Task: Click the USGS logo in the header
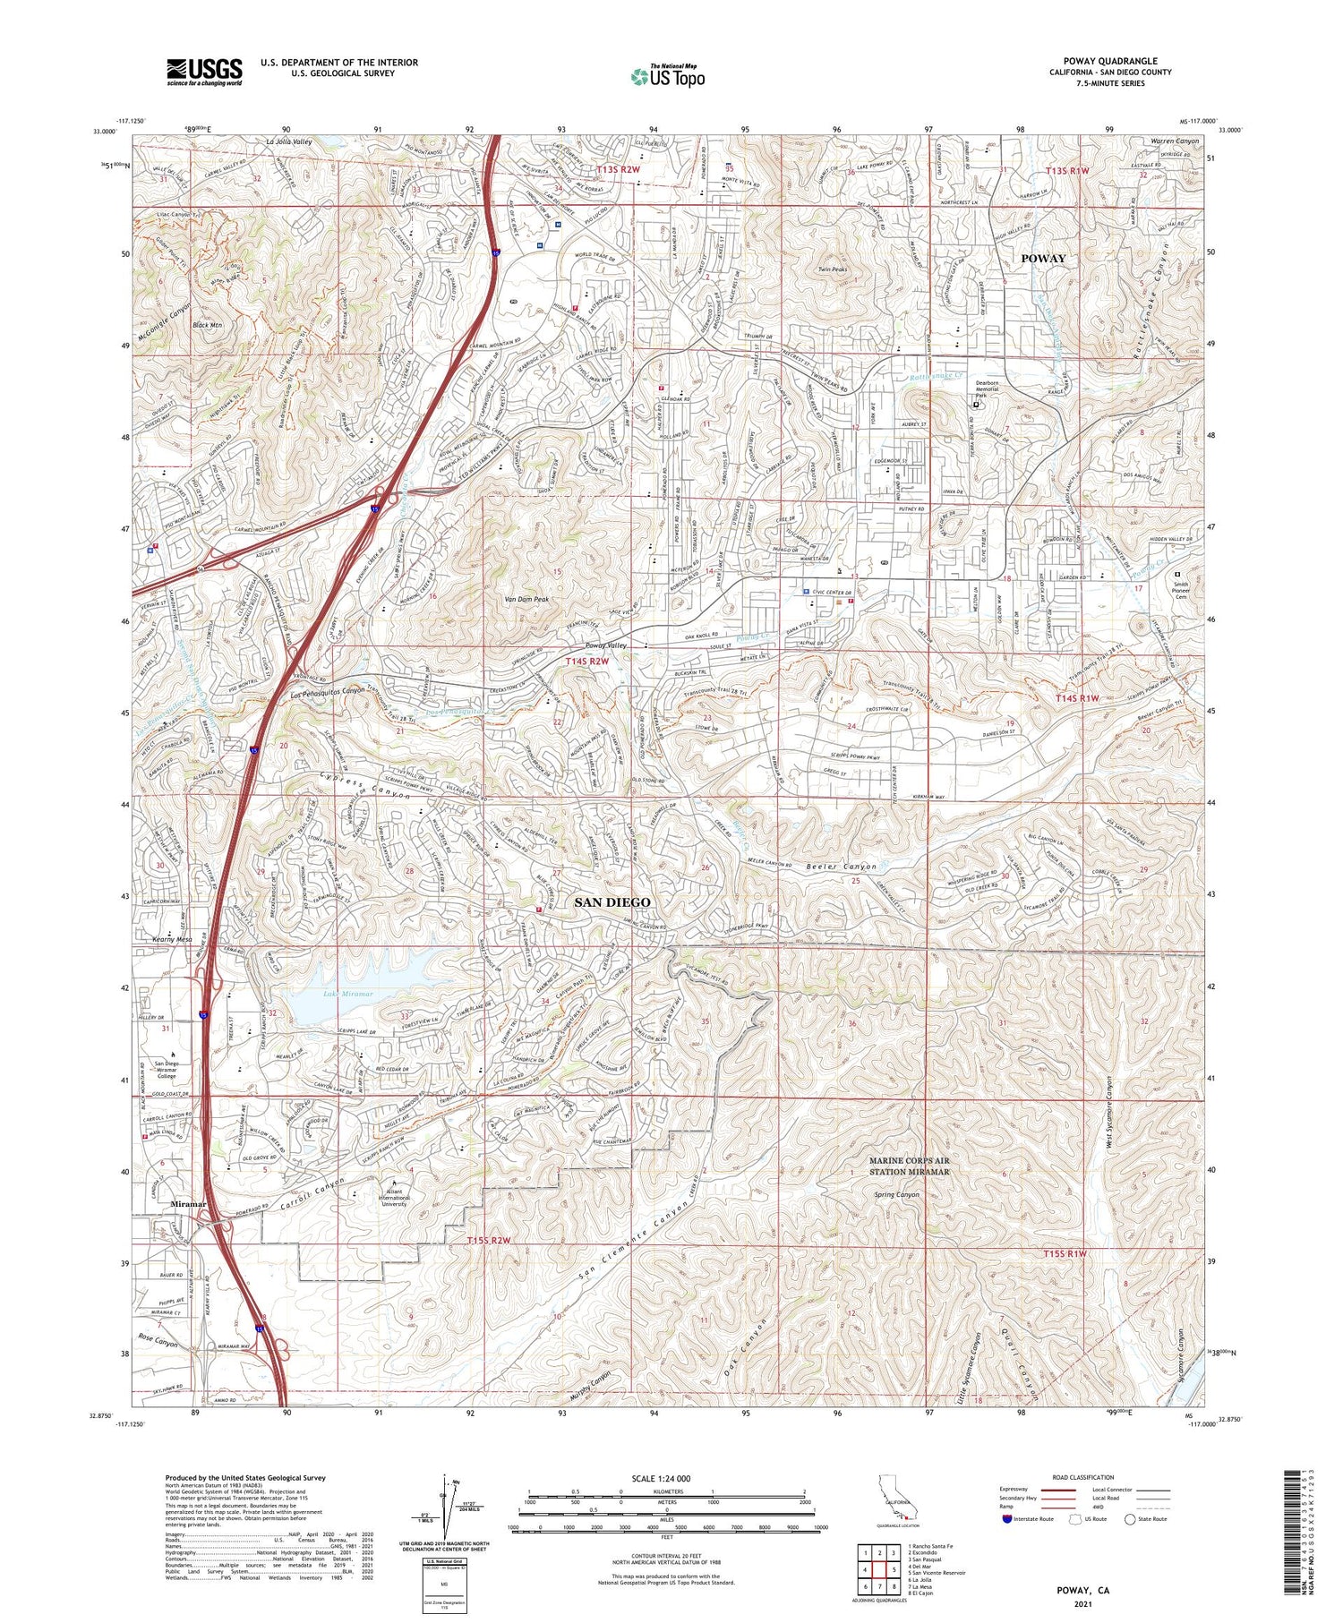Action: (x=203, y=72)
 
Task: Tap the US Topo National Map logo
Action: (x=667, y=76)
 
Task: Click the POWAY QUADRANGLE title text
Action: (x=1109, y=62)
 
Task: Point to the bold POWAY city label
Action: (x=1043, y=259)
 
